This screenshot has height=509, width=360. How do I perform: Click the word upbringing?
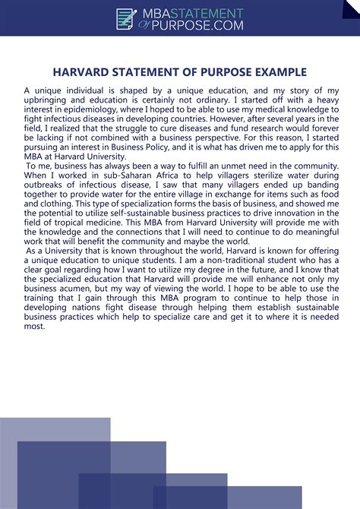tap(47, 100)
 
